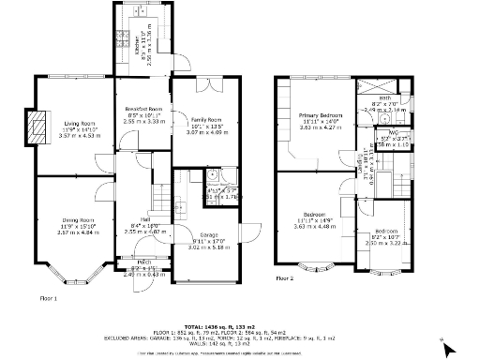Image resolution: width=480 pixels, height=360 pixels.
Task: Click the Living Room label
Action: pyautogui.click(x=80, y=123)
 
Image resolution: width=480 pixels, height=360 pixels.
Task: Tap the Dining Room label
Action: pyautogui.click(x=79, y=220)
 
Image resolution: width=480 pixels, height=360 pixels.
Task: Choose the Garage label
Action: pyautogui.click(x=209, y=235)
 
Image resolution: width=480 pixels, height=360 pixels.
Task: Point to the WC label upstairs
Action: pyautogui.click(x=384, y=133)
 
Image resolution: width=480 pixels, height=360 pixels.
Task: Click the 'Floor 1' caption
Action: pyautogui.click(x=48, y=297)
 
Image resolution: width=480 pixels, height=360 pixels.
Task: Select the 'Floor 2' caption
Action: pyautogui.click(x=284, y=278)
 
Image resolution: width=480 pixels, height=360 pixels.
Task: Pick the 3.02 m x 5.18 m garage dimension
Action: pyautogui.click(x=209, y=248)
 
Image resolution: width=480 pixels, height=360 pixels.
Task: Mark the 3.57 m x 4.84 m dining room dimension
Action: pyautogui.click(x=79, y=232)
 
